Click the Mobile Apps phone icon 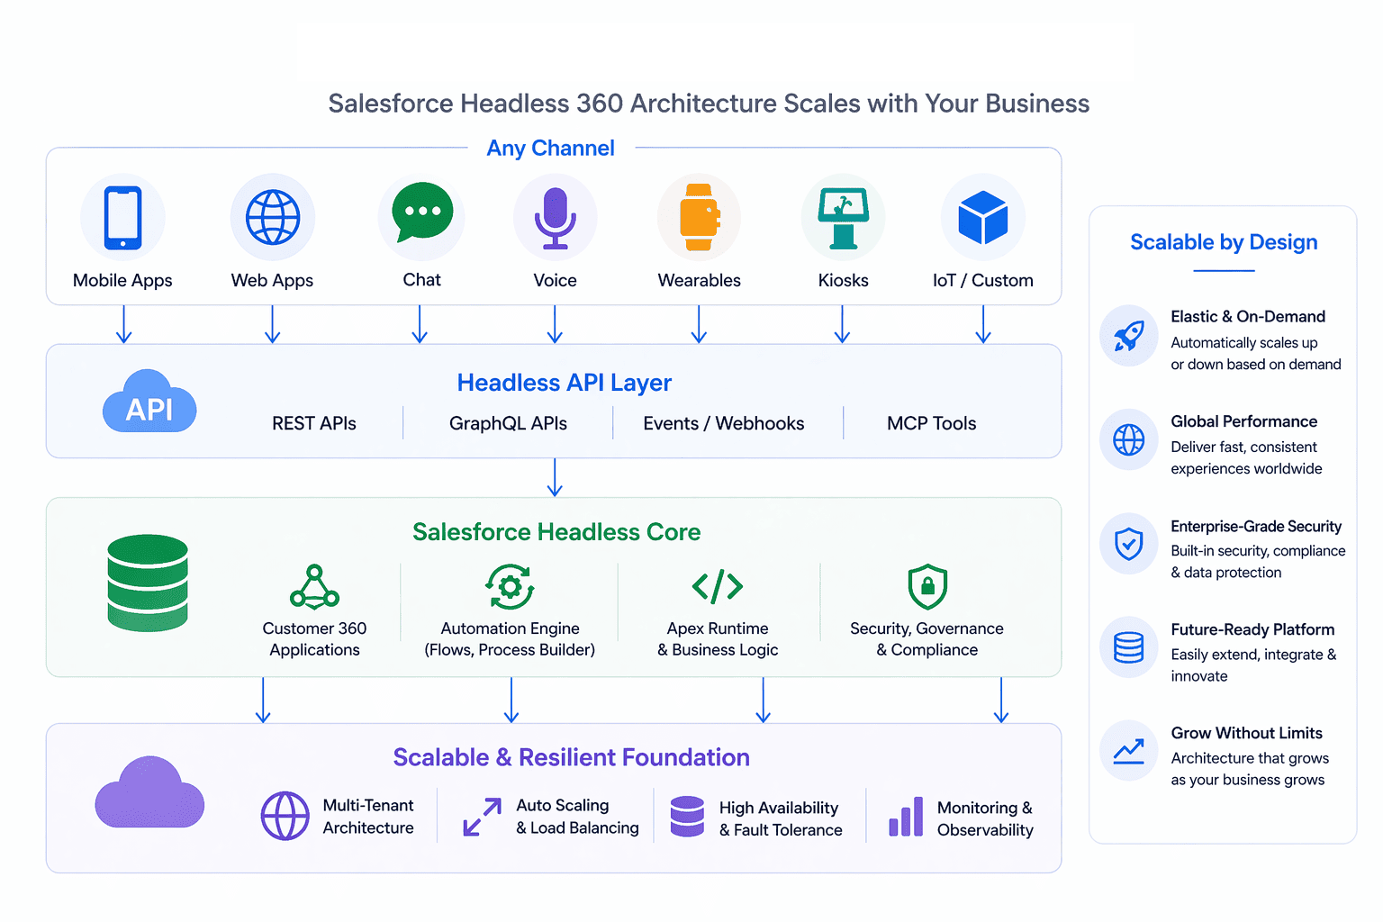(x=122, y=217)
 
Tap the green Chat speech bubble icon (x=422, y=212)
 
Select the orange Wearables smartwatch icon (x=700, y=217)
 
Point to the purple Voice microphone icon (x=555, y=217)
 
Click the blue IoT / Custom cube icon (x=983, y=217)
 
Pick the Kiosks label (x=843, y=280)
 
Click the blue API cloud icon (x=149, y=402)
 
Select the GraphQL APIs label (x=508, y=423)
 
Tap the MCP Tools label (x=931, y=423)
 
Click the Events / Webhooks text (x=723, y=423)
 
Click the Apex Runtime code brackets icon (x=718, y=587)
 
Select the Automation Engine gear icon (x=510, y=587)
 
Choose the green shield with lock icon (x=927, y=587)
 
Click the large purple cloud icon (x=149, y=793)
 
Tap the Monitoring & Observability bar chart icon (x=906, y=817)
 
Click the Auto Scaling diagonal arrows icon (x=483, y=817)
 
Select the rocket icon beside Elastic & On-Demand (x=1129, y=336)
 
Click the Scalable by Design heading (x=1224, y=242)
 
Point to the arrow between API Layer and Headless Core (x=555, y=477)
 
